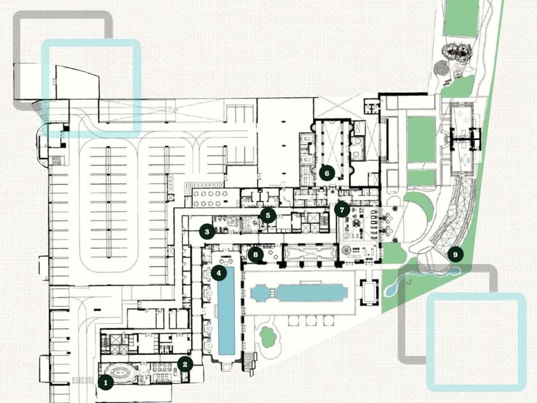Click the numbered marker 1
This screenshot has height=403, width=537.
coord(106,383)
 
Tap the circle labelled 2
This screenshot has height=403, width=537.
coord(185,364)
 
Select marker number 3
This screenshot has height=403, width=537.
coord(206,231)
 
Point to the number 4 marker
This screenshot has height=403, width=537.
coord(219,273)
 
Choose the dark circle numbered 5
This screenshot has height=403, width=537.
coord(268,216)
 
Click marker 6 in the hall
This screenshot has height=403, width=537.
coord(327,173)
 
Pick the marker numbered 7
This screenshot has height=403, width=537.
coord(342,209)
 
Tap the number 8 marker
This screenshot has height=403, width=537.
coord(256,255)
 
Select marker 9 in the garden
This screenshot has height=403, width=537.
coord(455,255)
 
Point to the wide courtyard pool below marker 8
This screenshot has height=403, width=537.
coord(299,293)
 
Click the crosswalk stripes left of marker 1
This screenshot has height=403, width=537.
coord(82,380)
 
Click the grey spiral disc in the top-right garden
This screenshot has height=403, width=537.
coord(439,67)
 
